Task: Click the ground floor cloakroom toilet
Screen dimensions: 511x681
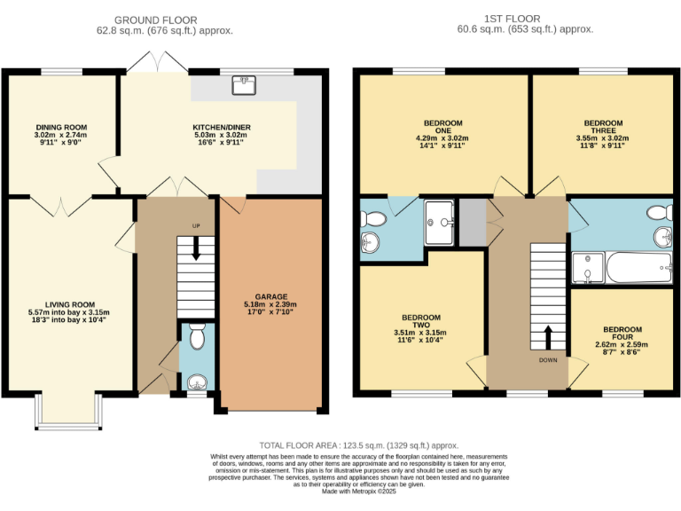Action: (197, 338)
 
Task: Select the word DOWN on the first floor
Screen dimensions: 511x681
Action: (547, 360)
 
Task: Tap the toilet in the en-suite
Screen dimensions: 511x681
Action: (374, 217)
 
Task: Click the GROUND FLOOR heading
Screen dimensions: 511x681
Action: (164, 20)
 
